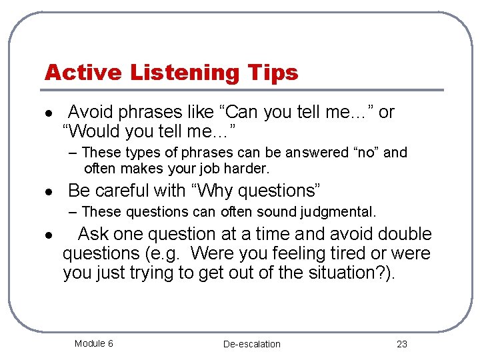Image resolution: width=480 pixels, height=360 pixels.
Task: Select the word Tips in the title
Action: tap(274, 72)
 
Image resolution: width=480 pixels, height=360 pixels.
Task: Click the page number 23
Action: tap(401, 344)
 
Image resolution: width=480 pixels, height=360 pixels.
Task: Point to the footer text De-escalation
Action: tap(251, 344)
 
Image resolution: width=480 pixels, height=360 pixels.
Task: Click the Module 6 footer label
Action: tap(93, 343)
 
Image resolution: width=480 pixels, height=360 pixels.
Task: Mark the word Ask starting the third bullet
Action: tap(93, 235)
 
